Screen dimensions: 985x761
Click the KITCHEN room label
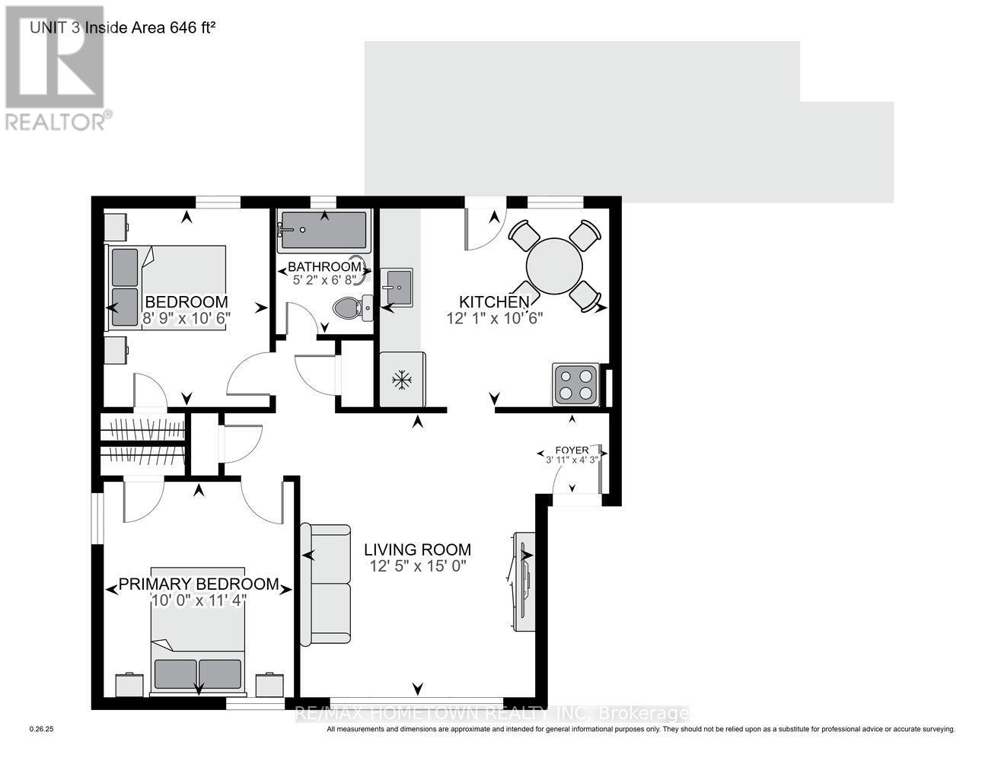(x=494, y=301)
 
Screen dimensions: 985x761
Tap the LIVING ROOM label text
(x=417, y=549)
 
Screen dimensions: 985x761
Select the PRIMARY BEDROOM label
(x=199, y=584)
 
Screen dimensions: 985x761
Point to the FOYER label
(x=572, y=451)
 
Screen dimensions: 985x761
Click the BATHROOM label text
(x=324, y=267)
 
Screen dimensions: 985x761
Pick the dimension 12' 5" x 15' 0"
(x=417, y=566)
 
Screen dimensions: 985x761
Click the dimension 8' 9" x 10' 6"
(x=186, y=318)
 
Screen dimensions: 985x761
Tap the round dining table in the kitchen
(x=554, y=266)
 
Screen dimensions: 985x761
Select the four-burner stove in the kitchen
(x=575, y=384)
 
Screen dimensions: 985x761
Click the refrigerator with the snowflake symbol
(x=402, y=379)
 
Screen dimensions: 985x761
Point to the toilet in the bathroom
(x=352, y=308)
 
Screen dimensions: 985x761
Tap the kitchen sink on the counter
(x=397, y=288)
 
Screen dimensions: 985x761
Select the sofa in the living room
(x=325, y=584)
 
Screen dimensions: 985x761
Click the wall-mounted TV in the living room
(x=523, y=581)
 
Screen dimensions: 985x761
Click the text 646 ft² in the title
(x=192, y=27)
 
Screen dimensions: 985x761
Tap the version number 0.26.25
(x=41, y=729)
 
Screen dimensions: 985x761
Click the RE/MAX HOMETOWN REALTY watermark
(x=492, y=714)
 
